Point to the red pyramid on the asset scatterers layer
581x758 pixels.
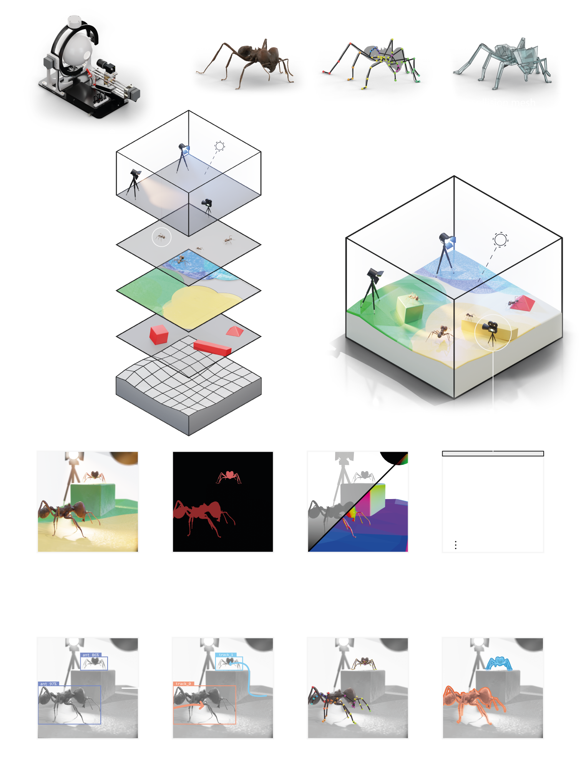pos(235,331)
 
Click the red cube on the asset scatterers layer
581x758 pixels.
pos(159,334)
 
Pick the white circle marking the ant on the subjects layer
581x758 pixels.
pos(161,237)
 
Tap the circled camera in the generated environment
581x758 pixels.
pos(492,332)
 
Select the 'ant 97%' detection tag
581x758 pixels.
pos(48,684)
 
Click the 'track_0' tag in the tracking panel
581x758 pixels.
pos(183,684)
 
